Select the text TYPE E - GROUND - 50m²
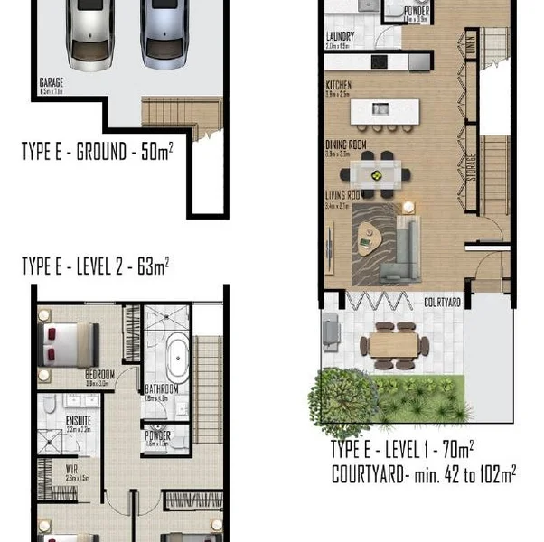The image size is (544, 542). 98,150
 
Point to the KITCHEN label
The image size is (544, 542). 338,86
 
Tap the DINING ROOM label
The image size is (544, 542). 346,145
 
